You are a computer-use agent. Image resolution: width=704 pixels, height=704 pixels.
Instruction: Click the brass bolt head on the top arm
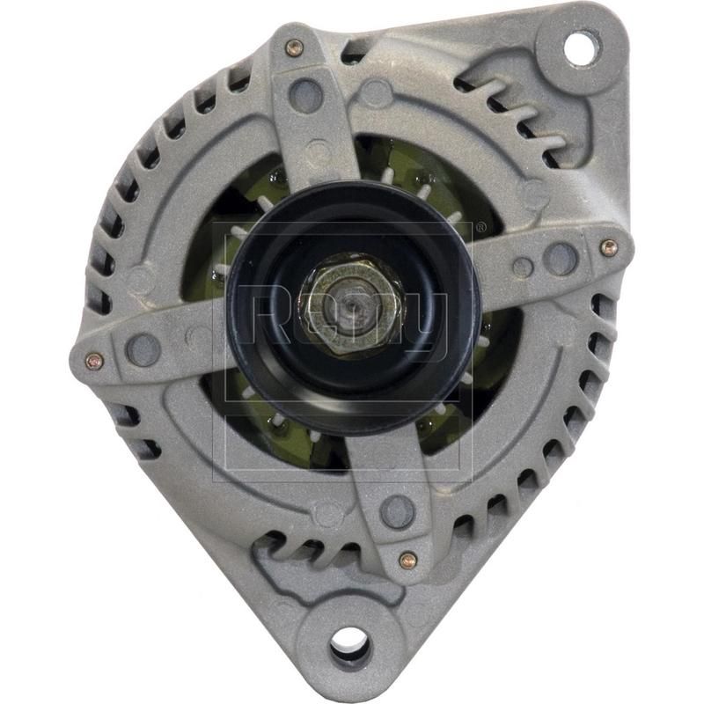295,48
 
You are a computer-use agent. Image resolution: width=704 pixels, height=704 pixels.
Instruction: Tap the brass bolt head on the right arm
608,248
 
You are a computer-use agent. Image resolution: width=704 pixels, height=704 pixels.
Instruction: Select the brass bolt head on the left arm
93,361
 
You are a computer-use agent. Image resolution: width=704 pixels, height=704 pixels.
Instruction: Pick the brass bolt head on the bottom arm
407,560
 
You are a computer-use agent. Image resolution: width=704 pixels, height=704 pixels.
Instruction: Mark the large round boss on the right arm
560,257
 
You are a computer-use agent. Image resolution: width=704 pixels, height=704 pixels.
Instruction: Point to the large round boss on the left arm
143,349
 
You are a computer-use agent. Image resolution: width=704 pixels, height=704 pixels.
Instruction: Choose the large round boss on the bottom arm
397,510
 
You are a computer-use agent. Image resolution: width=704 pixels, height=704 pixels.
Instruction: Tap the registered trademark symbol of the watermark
480,228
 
